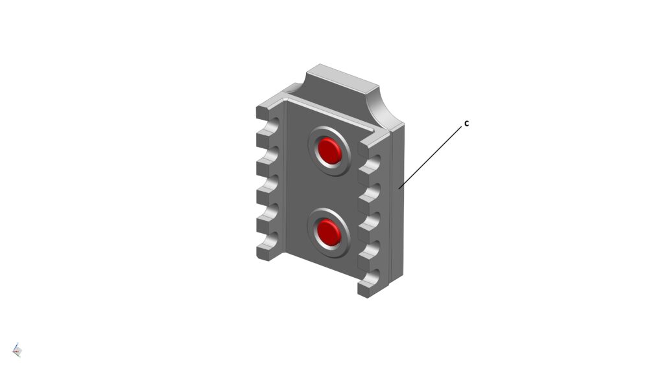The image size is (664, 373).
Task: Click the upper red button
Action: (x=330, y=150)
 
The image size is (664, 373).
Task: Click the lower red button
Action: (x=329, y=232)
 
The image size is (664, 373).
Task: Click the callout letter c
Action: (x=467, y=123)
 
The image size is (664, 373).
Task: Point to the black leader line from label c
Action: (x=431, y=157)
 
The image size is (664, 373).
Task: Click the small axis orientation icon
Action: (x=16, y=350)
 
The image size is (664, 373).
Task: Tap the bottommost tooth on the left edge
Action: (x=267, y=252)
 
